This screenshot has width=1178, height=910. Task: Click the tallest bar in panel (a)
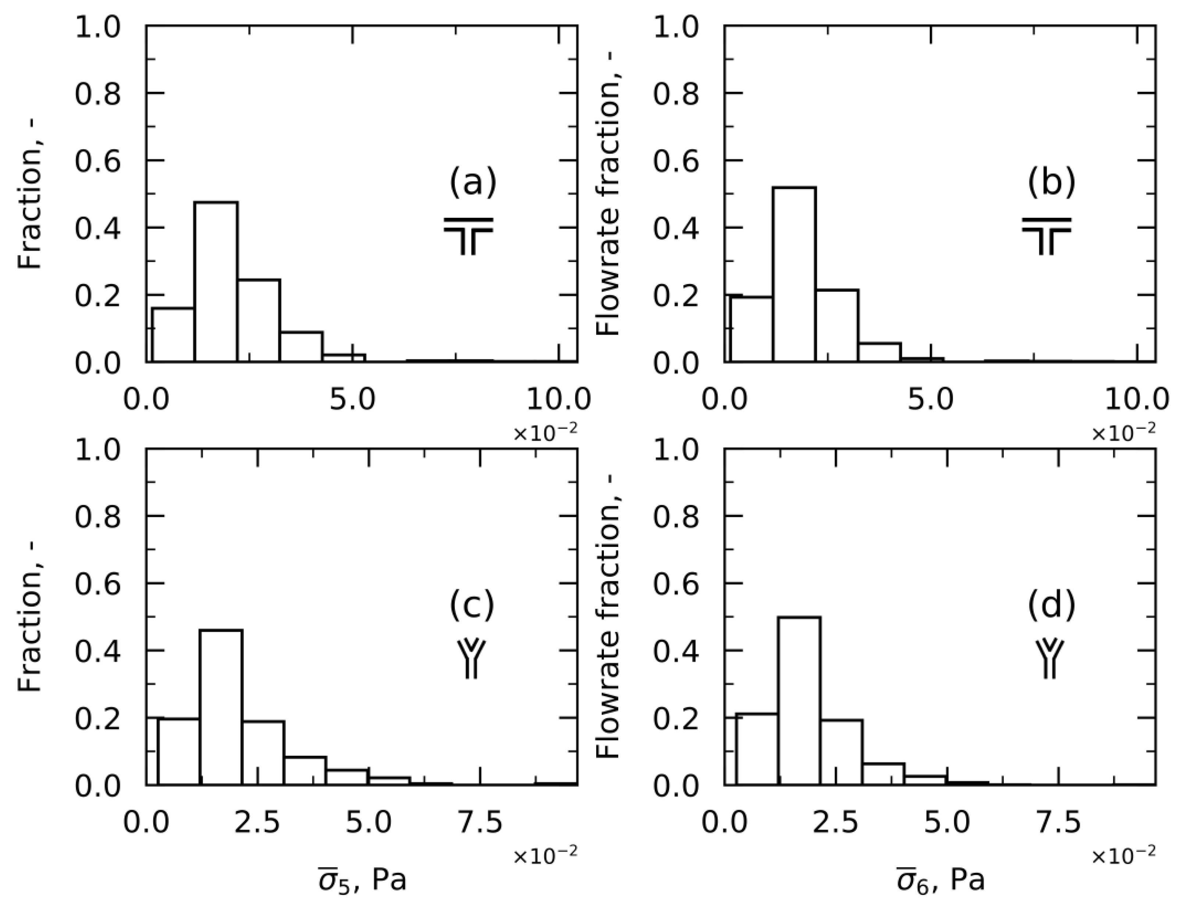pyautogui.click(x=216, y=282)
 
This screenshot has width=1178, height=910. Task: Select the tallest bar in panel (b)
pyautogui.click(x=794, y=274)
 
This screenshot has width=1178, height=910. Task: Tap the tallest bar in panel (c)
pyautogui.click(x=221, y=707)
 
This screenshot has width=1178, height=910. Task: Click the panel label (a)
pyautogui.click(x=473, y=182)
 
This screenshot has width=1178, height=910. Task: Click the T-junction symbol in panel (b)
pyautogui.click(x=1046, y=236)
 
